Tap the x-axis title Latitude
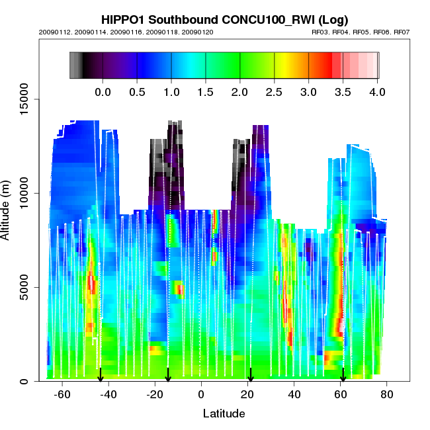[224, 414]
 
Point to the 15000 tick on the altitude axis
[23, 99]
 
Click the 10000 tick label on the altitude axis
[23, 193]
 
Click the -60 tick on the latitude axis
[62, 394]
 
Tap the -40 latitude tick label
[108, 394]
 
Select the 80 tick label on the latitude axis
[387, 394]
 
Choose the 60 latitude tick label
[341, 394]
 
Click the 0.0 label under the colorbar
[103, 92]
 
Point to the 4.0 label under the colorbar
[377, 92]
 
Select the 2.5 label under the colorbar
[274, 92]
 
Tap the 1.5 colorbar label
[206, 92]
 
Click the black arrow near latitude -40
[101, 375]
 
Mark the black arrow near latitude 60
[343, 375]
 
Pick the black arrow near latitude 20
[250, 375]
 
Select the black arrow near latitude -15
[168, 375]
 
